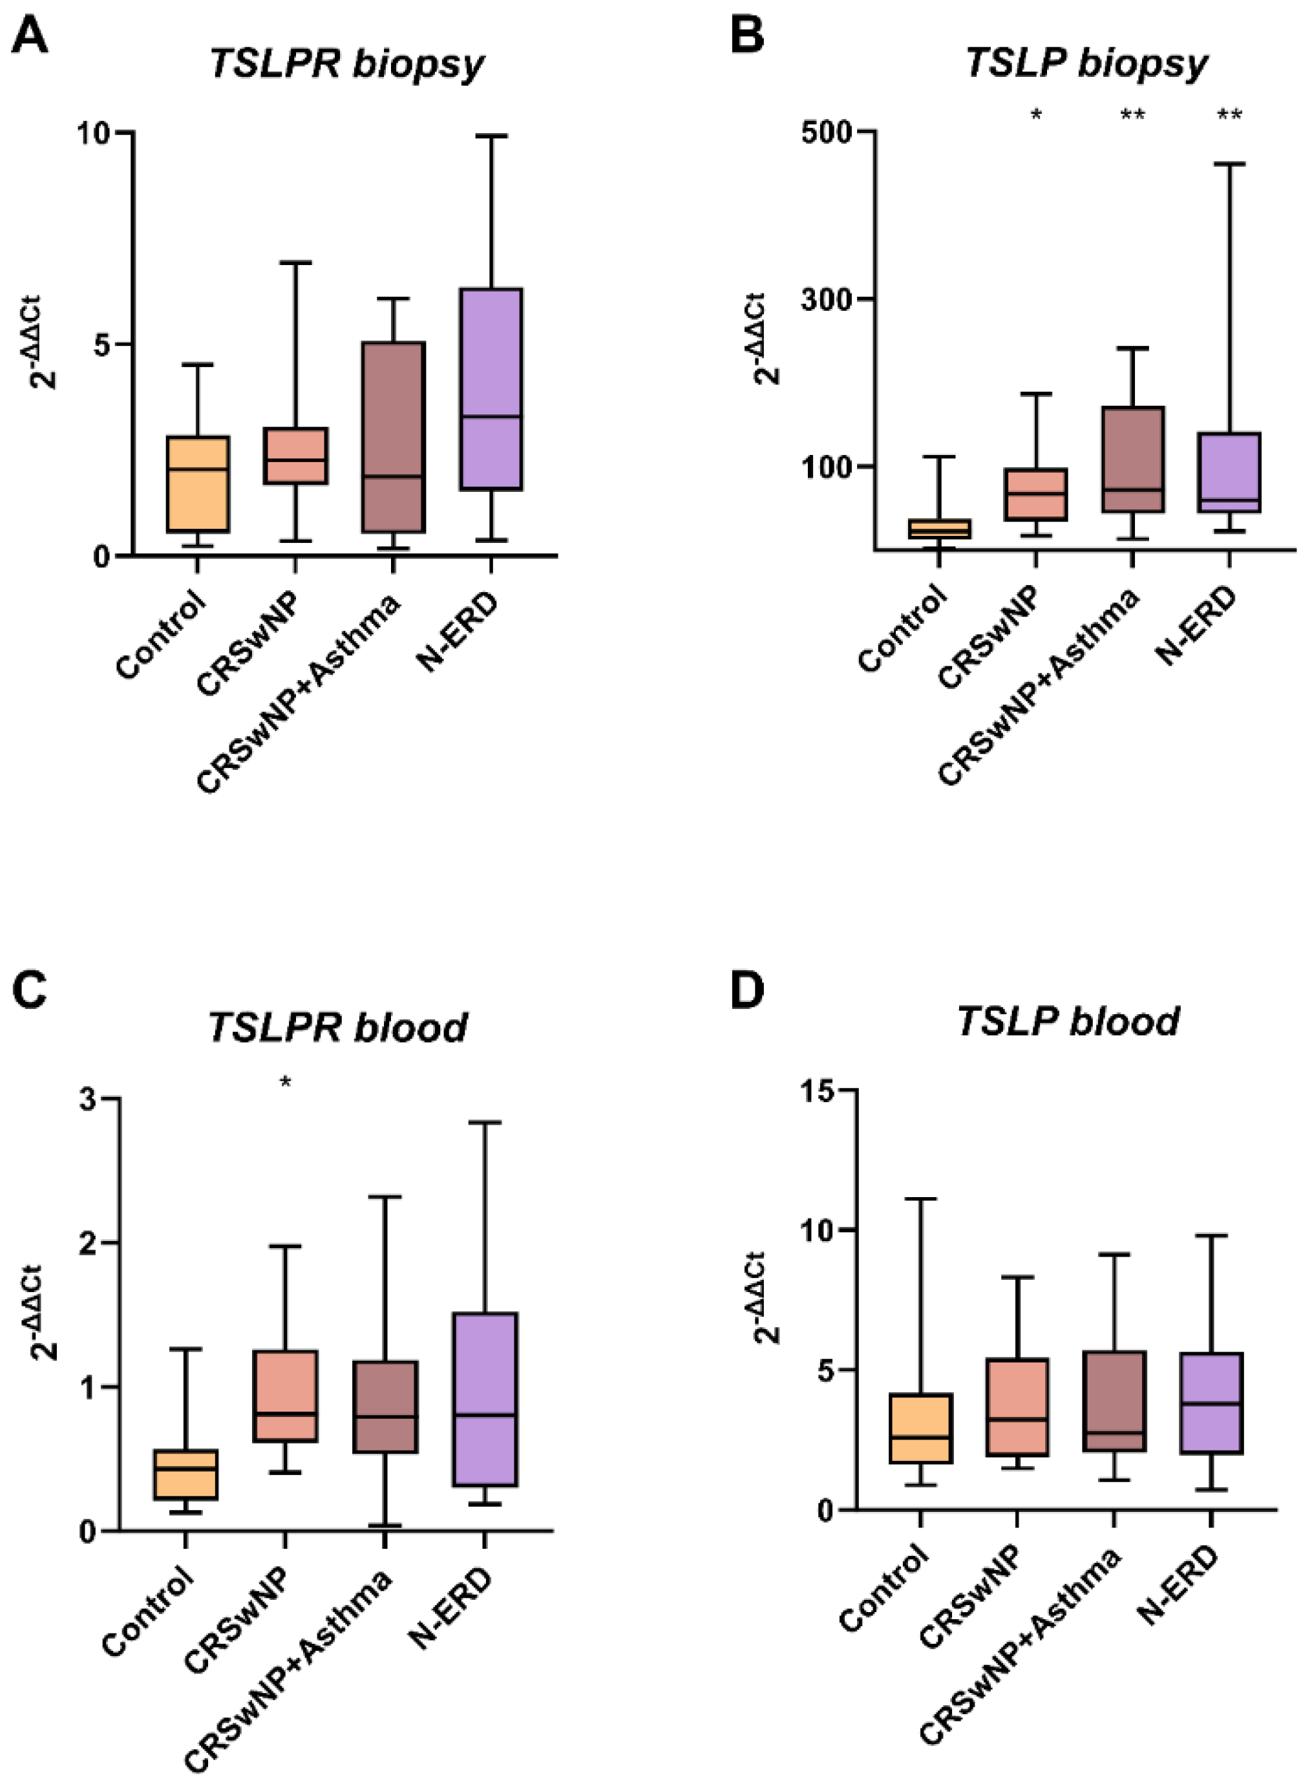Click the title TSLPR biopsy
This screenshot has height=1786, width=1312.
[x=346, y=63]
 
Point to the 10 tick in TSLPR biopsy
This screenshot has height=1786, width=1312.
[x=93, y=133]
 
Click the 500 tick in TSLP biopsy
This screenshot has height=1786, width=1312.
[x=827, y=131]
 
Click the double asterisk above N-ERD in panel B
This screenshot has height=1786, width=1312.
[x=1229, y=115]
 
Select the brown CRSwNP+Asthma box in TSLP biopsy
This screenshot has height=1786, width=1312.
[x=1132, y=460]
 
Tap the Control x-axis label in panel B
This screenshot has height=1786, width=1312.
[x=903, y=628]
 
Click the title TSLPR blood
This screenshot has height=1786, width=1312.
[x=337, y=1027]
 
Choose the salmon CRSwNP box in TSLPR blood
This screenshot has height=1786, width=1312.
[x=285, y=1396]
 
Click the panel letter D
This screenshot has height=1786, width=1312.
[x=746, y=990]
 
